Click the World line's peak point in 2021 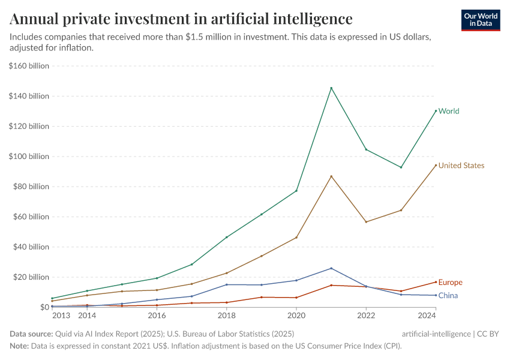331,88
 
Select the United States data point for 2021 331,176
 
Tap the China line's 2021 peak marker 331,268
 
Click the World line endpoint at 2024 436,111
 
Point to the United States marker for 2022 366,222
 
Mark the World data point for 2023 401,167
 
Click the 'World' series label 448,111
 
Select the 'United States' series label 461,166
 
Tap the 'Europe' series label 450,283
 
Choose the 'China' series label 448,295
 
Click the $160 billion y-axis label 29,66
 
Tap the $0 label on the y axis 44,307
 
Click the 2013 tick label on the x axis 61,315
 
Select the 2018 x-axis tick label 227,315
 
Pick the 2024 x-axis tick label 426,315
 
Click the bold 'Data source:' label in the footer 31,334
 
